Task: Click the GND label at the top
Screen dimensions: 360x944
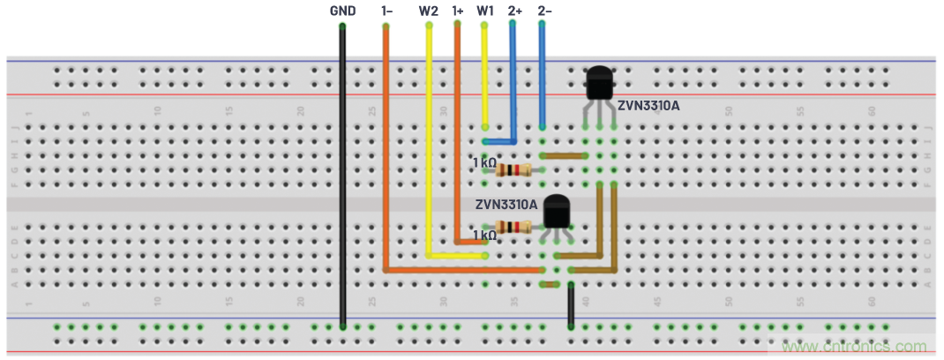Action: point(342,11)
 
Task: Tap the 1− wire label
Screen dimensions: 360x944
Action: point(386,11)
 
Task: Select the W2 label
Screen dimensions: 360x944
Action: point(428,11)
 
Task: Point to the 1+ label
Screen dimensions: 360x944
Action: point(457,11)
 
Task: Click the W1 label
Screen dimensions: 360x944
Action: point(484,11)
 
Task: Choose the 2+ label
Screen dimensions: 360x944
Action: point(515,11)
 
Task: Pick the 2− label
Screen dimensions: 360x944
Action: point(544,11)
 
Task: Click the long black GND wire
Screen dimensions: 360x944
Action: point(342,176)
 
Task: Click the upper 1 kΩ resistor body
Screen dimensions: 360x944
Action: point(510,169)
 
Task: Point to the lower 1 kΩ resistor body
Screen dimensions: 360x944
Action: point(515,227)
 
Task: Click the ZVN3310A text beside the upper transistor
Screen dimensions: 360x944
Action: point(648,106)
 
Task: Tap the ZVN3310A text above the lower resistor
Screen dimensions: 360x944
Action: point(506,204)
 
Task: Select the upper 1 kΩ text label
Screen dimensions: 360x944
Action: point(483,163)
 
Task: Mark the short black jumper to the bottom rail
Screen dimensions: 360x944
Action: point(572,305)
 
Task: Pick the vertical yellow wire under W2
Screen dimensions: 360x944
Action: point(429,141)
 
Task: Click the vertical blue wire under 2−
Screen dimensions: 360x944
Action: point(543,79)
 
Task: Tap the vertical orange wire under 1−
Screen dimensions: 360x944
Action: point(386,150)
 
